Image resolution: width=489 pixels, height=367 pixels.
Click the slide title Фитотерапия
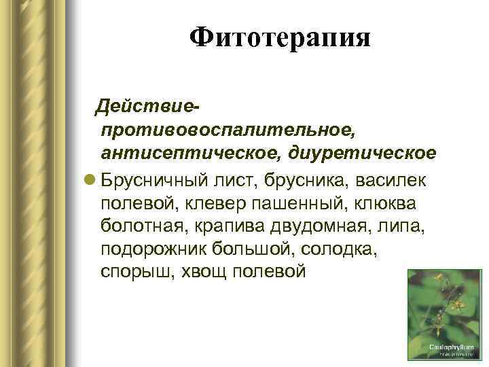[x=280, y=37]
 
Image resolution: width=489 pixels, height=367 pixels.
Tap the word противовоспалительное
[x=227, y=129]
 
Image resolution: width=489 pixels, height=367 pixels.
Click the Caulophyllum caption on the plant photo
[x=445, y=346]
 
